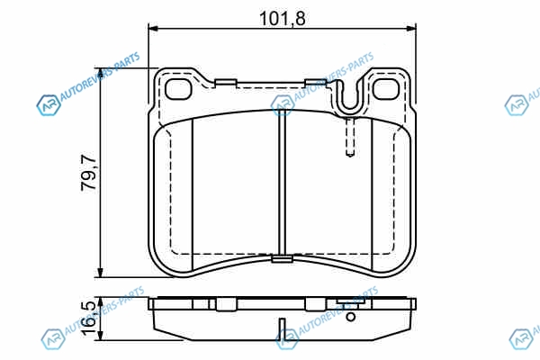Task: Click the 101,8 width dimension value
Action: [x=282, y=18]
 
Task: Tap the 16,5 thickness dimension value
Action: [x=88, y=319]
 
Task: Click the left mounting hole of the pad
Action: [x=178, y=89]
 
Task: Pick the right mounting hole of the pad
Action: [x=386, y=89]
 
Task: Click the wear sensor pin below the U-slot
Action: [x=350, y=137]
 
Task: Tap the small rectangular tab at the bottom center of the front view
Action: [x=282, y=258]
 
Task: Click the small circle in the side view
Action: [x=351, y=317]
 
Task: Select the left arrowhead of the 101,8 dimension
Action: [x=153, y=29]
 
